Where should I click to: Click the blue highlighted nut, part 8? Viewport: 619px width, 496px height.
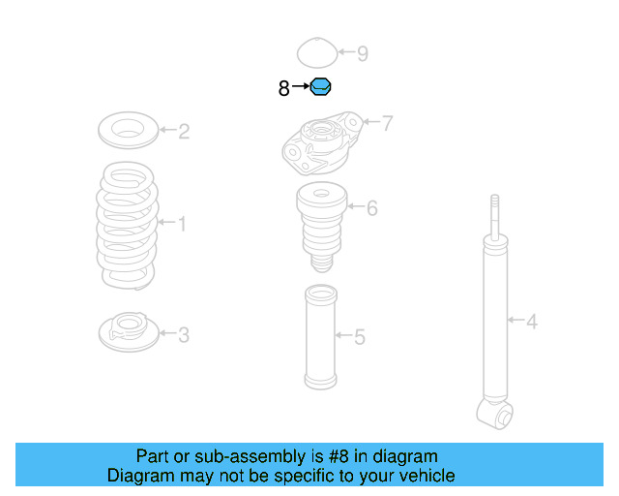321,88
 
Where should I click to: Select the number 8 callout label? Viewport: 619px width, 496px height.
283,89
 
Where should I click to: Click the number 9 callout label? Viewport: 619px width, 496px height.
363,53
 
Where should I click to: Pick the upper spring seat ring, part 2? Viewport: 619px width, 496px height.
129,130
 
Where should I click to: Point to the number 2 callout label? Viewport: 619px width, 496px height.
184,131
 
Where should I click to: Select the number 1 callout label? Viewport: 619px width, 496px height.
182,225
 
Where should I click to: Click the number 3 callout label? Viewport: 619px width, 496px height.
184,335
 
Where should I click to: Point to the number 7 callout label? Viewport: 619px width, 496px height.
387,123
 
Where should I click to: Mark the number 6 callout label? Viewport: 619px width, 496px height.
372,207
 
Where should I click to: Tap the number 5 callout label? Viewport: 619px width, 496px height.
360,337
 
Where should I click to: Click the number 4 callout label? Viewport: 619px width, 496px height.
531,320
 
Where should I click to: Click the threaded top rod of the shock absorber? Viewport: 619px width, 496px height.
495,215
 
